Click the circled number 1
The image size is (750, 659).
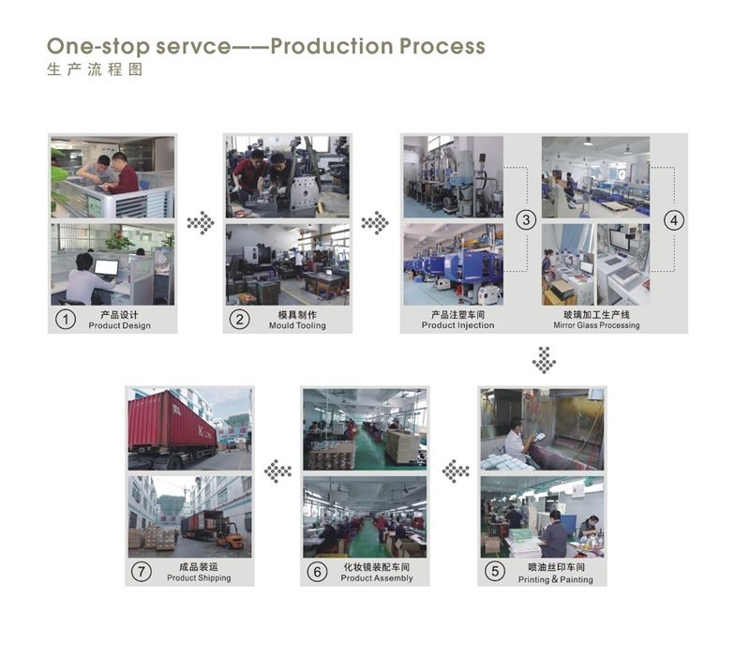pyautogui.click(x=65, y=320)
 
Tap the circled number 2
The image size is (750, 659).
pyautogui.click(x=240, y=320)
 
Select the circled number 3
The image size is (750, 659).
pyautogui.click(x=526, y=220)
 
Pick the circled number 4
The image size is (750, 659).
pyautogui.click(x=673, y=220)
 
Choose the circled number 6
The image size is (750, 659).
pyautogui.click(x=319, y=573)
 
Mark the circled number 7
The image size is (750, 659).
pyautogui.click(x=142, y=573)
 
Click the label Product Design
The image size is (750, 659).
pyautogui.click(x=119, y=326)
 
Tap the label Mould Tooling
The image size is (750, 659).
pyautogui.click(x=297, y=326)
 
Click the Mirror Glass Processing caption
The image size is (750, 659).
pyautogui.click(x=596, y=326)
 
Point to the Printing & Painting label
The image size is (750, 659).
pyautogui.click(x=556, y=579)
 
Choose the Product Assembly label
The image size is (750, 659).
pyautogui.click(x=377, y=578)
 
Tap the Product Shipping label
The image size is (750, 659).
pyautogui.click(x=199, y=578)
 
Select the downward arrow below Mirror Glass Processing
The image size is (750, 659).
pyautogui.click(x=544, y=360)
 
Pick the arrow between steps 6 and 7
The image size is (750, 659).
pyautogui.click(x=277, y=471)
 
